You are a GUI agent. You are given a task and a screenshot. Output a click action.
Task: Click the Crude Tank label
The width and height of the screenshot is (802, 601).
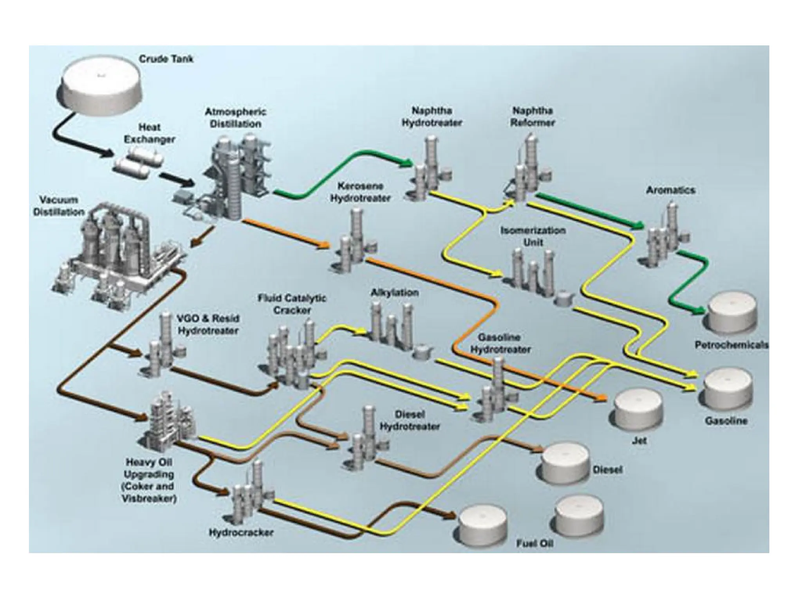(x=166, y=59)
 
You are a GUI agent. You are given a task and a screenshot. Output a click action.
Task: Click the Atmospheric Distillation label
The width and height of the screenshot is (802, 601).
(x=235, y=118)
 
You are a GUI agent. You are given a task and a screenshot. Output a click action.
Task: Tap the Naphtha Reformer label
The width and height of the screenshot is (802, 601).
(x=532, y=116)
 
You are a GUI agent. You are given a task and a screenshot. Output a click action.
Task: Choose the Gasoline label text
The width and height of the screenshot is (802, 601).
(x=726, y=421)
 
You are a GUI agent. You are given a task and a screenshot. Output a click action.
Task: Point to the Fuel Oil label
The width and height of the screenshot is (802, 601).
(x=535, y=544)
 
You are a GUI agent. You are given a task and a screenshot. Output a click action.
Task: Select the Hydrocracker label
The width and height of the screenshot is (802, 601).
(x=241, y=533)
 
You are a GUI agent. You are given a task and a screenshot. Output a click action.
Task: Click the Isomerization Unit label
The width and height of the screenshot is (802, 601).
(x=533, y=236)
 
